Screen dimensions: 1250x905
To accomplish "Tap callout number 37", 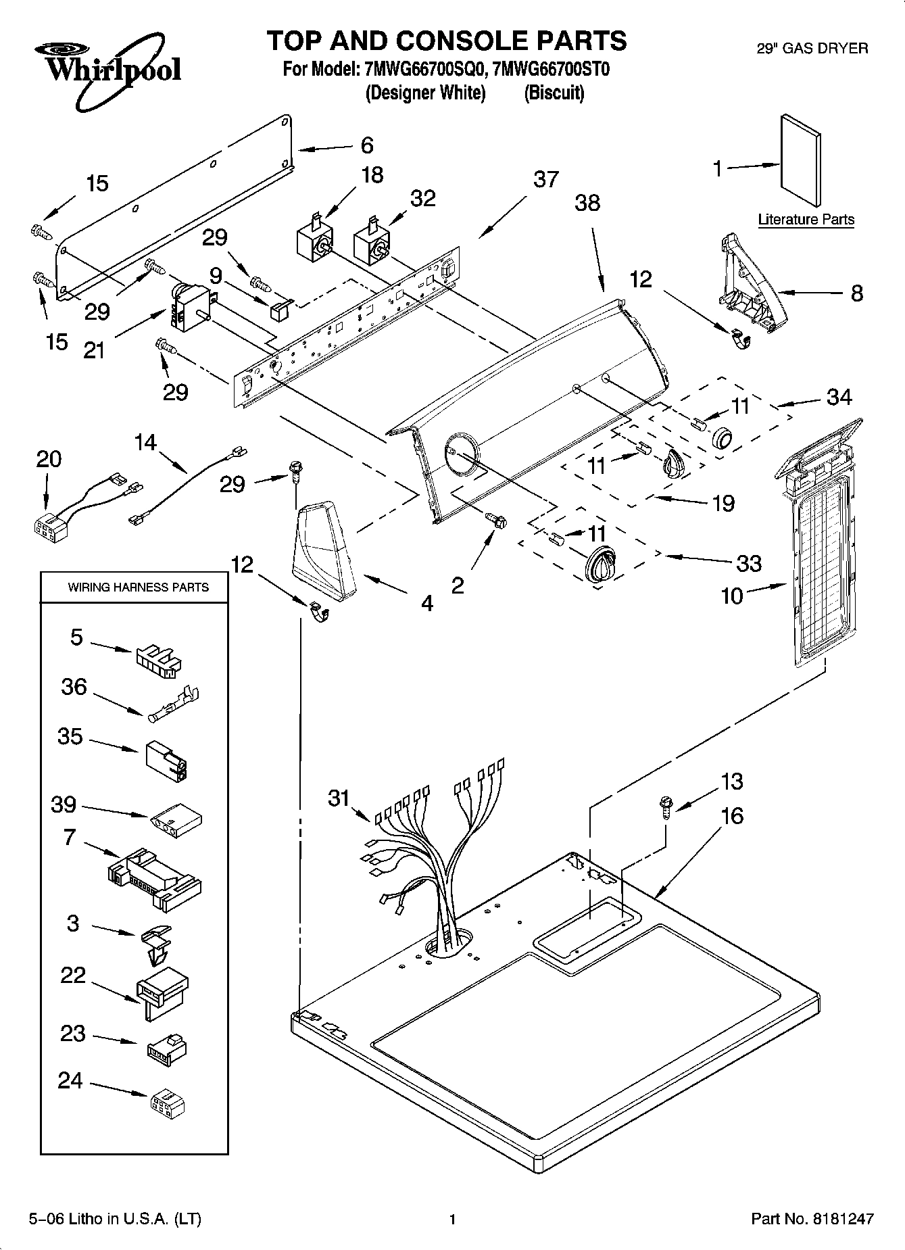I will (545, 179).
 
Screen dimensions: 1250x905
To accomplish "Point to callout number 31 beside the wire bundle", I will (339, 798).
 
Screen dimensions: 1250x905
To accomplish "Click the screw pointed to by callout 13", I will (666, 807).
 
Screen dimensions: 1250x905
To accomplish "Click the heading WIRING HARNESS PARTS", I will (138, 587).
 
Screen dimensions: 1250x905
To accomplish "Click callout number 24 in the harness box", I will (70, 1081).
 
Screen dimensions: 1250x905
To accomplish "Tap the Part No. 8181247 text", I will (812, 1220).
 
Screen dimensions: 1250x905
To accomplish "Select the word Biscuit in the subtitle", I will (554, 93).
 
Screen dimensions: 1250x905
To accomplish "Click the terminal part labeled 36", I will (174, 703).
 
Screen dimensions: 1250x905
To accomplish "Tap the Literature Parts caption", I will (806, 219).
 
